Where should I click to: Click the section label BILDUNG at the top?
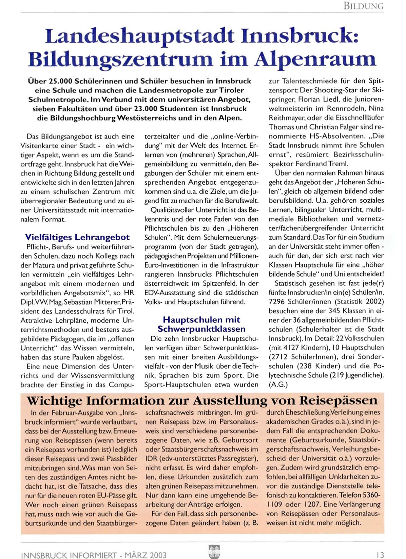click(364, 6)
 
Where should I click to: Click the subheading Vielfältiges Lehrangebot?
click(77, 237)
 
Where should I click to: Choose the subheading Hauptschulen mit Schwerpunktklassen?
click(201, 324)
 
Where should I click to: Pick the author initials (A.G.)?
click(278, 385)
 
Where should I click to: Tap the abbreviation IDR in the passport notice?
click(151, 459)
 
